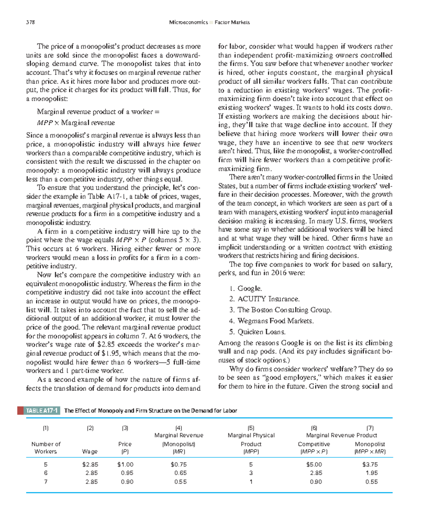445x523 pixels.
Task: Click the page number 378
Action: click(30, 22)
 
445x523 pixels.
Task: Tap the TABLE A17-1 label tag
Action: click(42, 410)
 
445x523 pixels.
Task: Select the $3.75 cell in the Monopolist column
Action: click(370, 464)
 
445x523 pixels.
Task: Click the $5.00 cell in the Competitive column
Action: click(314, 464)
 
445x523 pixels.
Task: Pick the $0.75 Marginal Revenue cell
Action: click(179, 464)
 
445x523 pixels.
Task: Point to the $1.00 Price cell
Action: click(125, 464)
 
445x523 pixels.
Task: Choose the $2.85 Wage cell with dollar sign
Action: click(90, 464)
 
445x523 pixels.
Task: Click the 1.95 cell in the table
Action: click(372, 473)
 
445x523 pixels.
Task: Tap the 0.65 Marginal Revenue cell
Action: click(181, 473)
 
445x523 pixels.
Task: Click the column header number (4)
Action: click(179, 428)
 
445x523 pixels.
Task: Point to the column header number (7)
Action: click(370, 428)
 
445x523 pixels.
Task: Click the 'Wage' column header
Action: click(90, 452)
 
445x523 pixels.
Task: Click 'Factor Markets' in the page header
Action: click(232, 22)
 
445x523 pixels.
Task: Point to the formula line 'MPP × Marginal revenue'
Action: click(76, 123)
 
